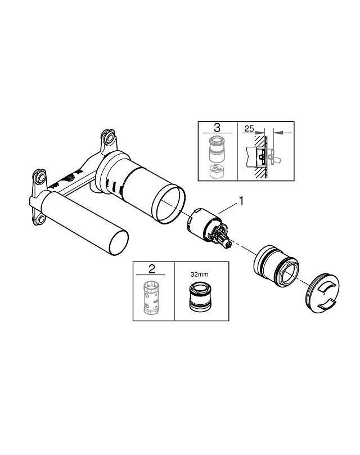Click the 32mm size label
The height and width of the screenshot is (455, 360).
click(199, 274)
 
